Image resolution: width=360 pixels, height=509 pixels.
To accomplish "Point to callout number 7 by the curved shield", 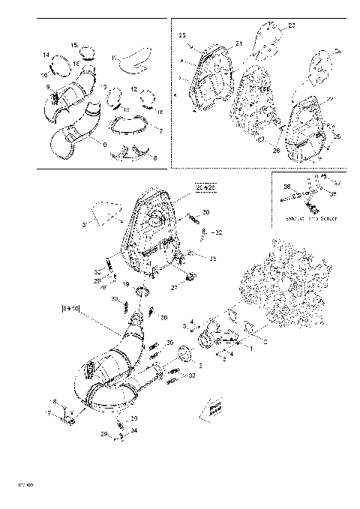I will tap(160, 131).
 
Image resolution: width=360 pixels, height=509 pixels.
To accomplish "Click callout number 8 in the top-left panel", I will tap(155, 158).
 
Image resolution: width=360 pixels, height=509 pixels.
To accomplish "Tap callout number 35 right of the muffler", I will tap(213, 259).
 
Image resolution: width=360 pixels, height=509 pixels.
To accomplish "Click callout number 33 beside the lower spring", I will tap(191, 376).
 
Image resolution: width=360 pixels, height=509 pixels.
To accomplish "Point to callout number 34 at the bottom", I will tap(133, 431).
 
